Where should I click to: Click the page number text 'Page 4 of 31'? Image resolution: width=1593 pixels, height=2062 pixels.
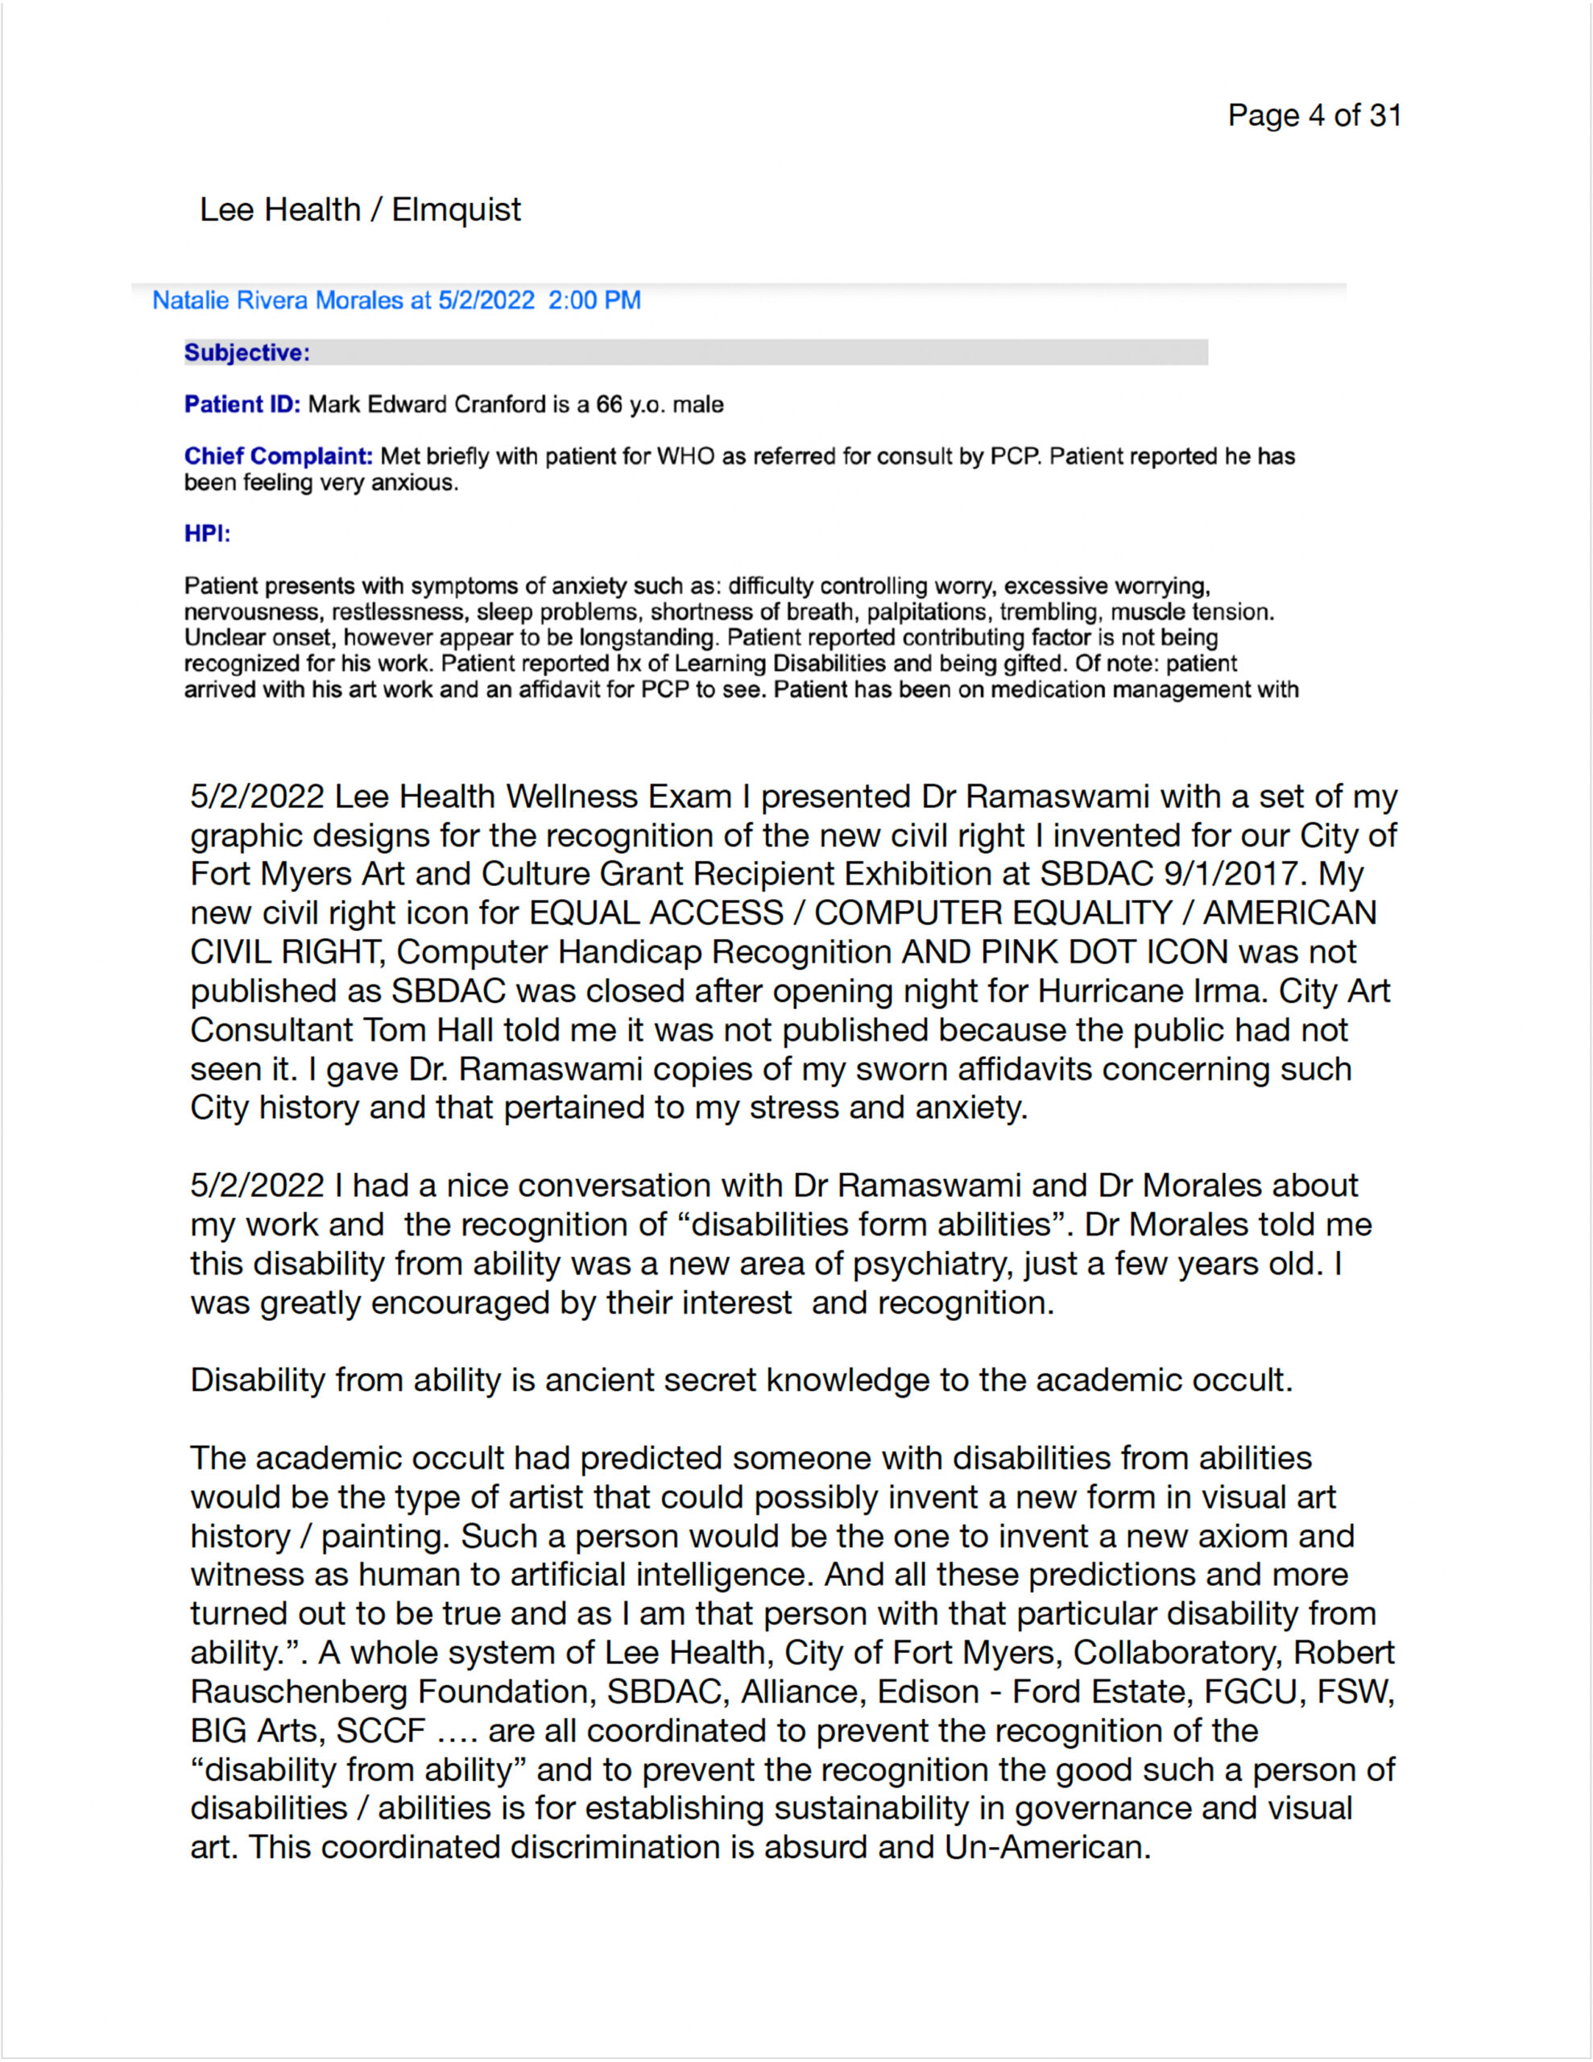point(1314,115)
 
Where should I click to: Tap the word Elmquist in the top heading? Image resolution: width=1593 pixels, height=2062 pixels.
point(456,209)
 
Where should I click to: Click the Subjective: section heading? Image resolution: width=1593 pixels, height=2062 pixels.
point(246,353)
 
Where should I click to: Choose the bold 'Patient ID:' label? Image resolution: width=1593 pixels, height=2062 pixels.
point(242,405)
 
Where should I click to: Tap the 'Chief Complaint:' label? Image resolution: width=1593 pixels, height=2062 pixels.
point(279,457)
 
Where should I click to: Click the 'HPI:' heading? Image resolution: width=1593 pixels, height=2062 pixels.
point(207,534)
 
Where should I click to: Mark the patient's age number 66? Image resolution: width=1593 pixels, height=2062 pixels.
point(609,405)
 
